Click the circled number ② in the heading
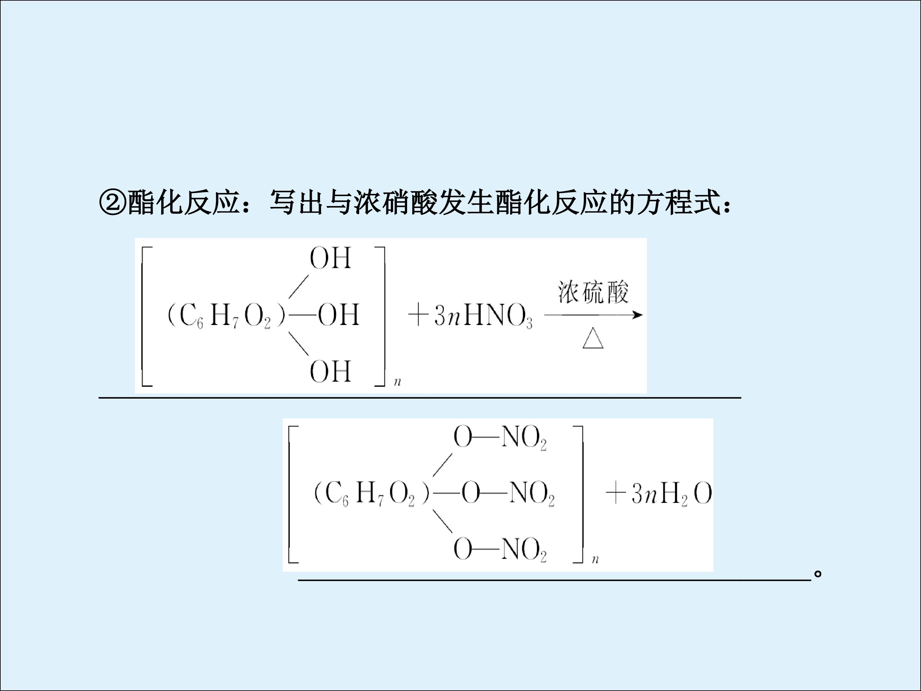click(113, 203)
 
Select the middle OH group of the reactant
click(338, 314)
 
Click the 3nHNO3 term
click(483, 315)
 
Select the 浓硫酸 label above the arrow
click(593, 292)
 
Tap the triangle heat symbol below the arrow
click(593, 338)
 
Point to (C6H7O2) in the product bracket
click(371, 494)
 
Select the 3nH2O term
click(671, 494)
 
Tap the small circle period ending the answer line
click(818, 574)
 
